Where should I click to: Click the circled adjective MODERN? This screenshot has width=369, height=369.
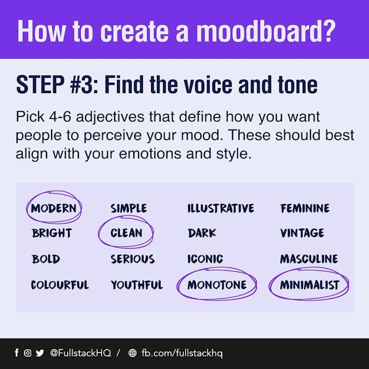(54, 208)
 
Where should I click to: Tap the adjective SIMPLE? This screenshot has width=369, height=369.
(129, 208)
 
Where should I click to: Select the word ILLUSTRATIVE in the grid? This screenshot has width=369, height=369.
(221, 208)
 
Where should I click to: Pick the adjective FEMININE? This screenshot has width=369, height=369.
(305, 208)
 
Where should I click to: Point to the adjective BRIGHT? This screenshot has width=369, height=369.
(52, 233)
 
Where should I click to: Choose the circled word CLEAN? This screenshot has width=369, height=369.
(126, 233)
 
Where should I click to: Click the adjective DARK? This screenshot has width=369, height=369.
(202, 233)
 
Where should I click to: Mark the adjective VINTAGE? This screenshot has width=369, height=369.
(302, 233)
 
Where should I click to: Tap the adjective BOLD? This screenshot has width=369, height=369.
(46, 259)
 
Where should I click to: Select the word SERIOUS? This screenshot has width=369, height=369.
(133, 259)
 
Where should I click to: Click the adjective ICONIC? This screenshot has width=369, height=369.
(205, 259)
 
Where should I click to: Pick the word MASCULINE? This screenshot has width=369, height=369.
(309, 259)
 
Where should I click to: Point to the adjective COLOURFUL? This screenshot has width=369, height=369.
(60, 285)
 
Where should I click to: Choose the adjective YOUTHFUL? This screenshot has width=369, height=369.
(137, 285)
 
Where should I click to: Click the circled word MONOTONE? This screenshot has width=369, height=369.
(217, 285)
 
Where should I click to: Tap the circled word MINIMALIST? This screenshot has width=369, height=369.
(309, 285)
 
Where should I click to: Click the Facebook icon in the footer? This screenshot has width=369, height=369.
(16, 353)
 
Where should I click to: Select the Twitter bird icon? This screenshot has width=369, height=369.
(40, 353)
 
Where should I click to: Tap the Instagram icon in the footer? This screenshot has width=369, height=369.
(28, 353)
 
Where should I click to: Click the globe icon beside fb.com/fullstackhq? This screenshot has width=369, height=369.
(132, 353)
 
